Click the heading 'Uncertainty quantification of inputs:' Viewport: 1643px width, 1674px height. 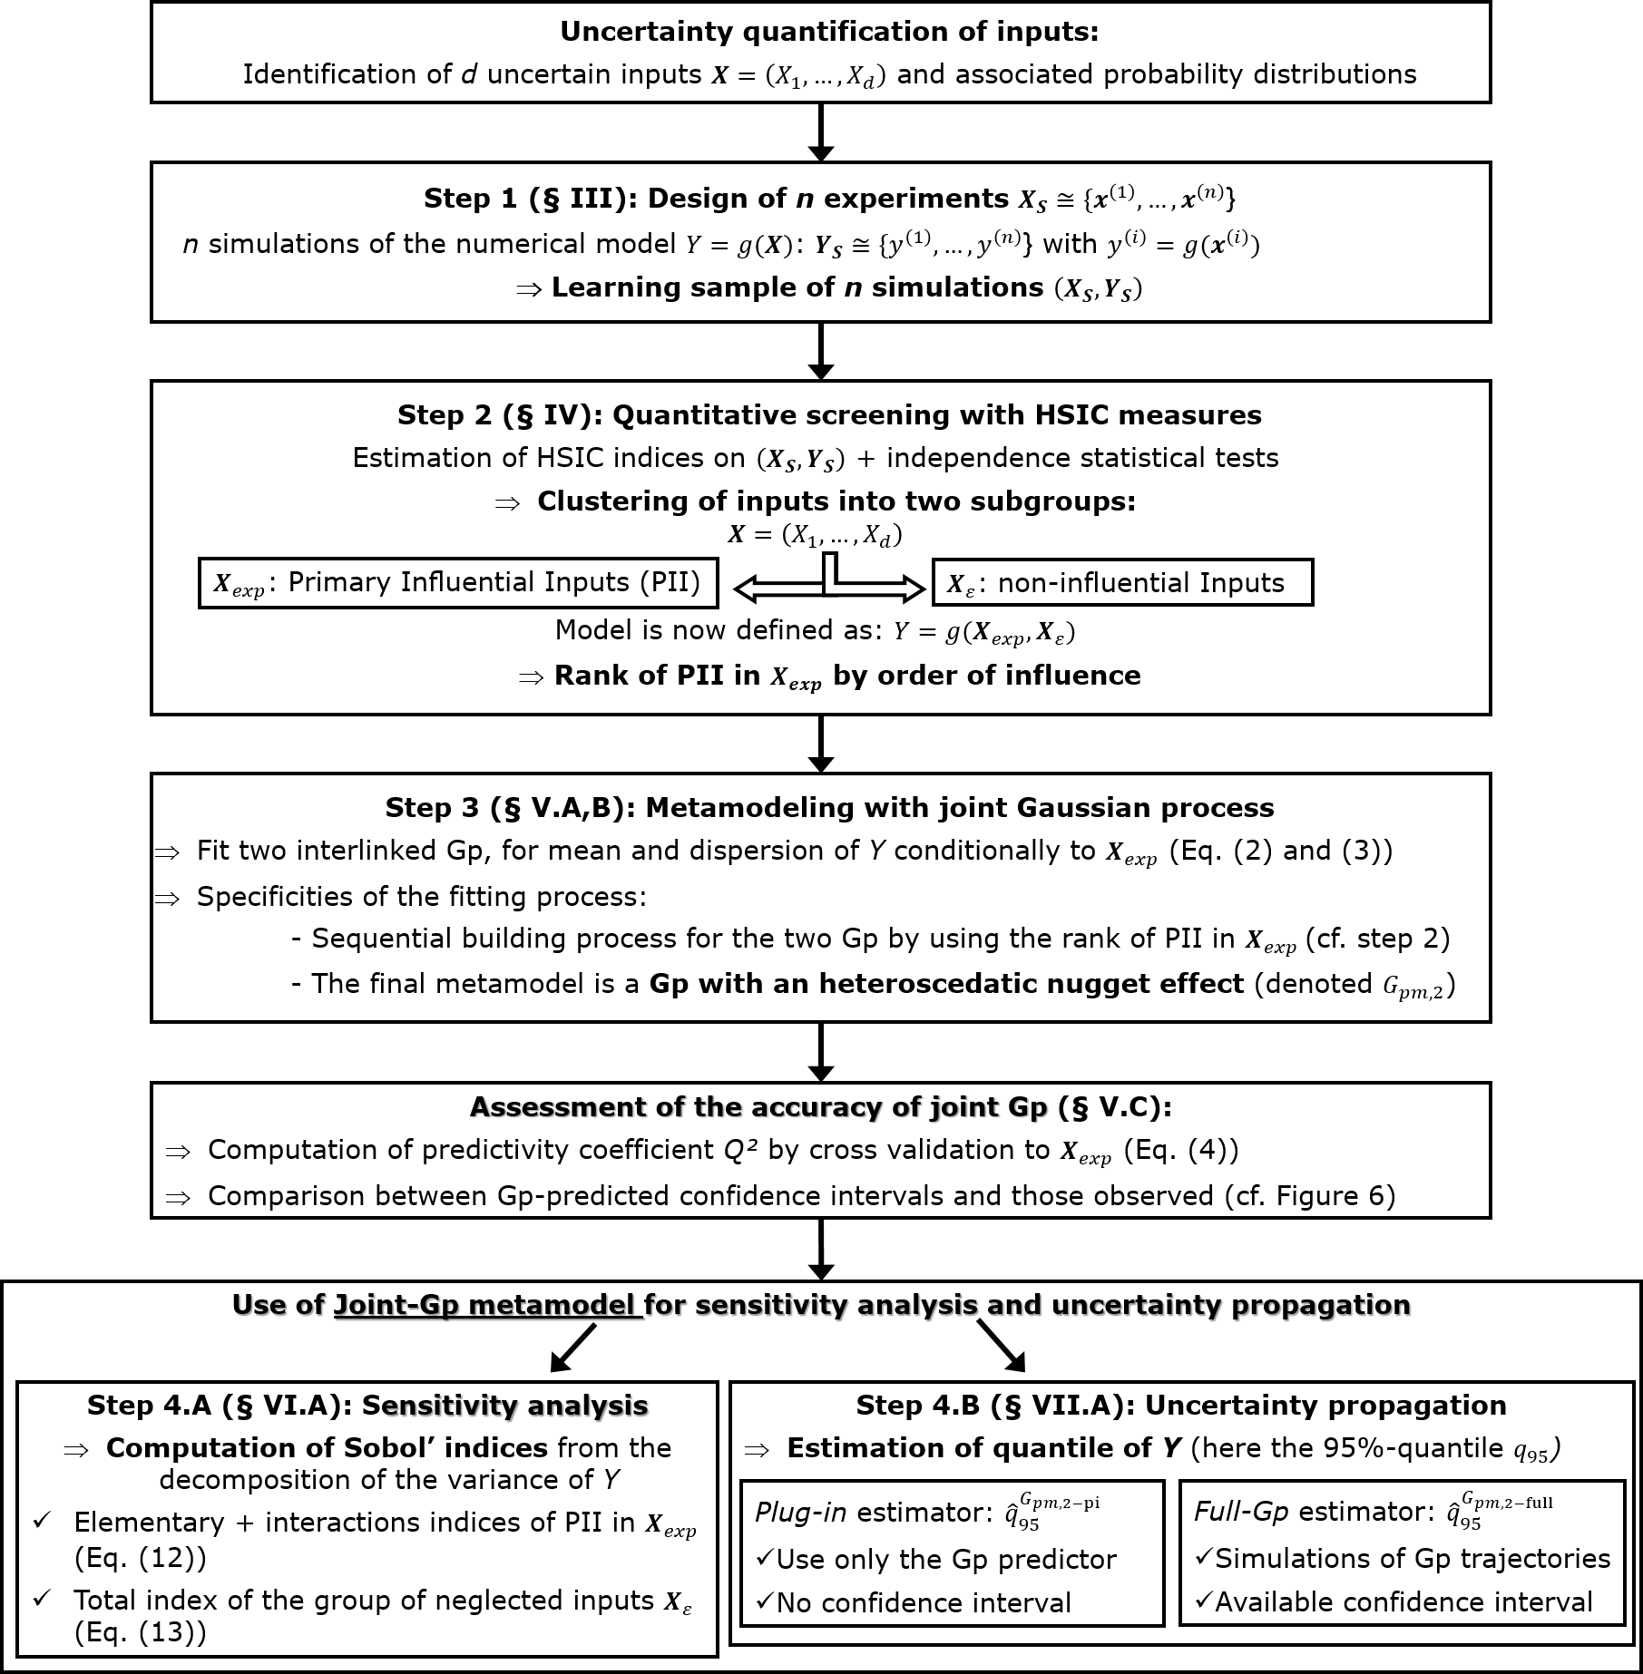tap(828, 32)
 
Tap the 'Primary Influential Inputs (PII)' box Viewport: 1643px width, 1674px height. tap(458, 582)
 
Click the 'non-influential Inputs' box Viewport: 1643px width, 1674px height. tap(1122, 583)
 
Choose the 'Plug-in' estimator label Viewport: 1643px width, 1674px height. tap(801, 1512)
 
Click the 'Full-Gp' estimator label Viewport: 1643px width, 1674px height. tap(1241, 1511)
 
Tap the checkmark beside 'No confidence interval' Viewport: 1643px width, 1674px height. tap(764, 1601)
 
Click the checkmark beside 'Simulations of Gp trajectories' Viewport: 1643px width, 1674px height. tap(1203, 1557)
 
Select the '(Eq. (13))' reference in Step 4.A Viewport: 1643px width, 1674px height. tap(140, 1632)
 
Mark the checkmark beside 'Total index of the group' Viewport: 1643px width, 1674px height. tap(41, 1598)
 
